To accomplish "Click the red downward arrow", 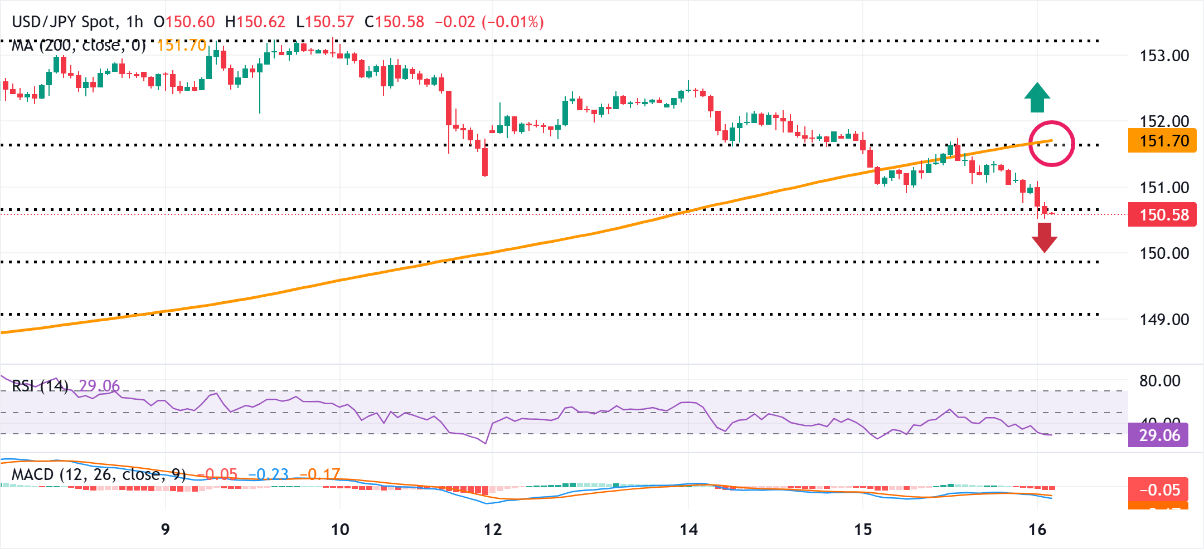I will [1044, 237].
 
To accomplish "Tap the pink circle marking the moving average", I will [1051, 143].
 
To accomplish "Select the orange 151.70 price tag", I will [1162, 141].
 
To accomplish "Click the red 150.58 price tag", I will [1162, 214].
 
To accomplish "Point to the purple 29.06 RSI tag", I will [1158, 435].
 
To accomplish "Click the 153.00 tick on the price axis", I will [1164, 56].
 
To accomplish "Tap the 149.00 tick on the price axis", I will [1164, 320].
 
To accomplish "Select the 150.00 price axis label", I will [1164, 253].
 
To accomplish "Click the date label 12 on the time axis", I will [493, 530].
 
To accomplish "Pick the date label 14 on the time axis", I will [688, 530].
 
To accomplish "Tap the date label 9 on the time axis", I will [165, 530].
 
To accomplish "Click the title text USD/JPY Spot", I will [65, 22].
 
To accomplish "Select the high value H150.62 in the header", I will [255, 22].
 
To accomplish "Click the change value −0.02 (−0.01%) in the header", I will [489, 22].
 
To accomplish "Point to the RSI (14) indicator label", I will [40, 385].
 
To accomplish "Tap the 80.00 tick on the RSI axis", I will [1159, 381].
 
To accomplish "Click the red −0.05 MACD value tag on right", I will [1158, 490].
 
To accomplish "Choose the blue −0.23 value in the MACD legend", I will [268, 474].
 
